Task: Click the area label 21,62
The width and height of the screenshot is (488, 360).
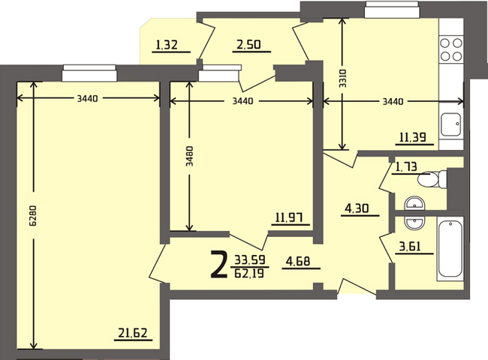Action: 133,333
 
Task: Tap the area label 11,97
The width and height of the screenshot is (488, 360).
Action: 289,217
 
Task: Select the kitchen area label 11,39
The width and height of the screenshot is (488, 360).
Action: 413,137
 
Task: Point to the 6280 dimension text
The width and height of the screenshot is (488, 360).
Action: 33,215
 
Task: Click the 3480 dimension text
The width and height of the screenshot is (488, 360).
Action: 189,156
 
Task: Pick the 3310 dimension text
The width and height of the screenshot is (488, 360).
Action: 342,78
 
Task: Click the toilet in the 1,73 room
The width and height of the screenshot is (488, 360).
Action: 432,179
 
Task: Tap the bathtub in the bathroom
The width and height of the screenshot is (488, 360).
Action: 450,249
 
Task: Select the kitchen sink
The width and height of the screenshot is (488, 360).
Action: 450,124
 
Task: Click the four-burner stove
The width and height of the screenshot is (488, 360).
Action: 451,49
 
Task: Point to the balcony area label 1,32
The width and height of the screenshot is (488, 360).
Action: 167,45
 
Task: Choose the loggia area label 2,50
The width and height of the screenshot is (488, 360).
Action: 249,45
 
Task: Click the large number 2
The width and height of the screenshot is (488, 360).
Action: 218,264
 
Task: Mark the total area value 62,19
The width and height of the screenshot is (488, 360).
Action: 249,274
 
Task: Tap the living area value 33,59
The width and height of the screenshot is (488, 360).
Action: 249,259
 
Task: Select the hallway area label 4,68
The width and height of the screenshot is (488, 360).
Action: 298,261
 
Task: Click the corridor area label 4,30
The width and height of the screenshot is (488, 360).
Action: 357,208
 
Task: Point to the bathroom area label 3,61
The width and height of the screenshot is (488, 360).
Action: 410,247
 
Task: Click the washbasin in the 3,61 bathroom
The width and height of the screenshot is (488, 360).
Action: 414,223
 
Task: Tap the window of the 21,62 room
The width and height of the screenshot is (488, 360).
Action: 89,73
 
